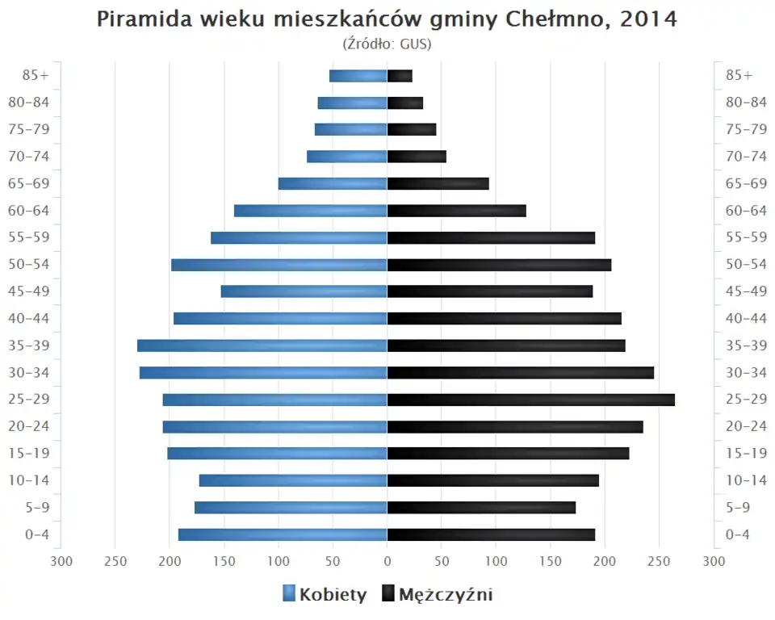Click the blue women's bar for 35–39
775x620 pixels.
pos(262,346)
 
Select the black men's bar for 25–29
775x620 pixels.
pos(530,400)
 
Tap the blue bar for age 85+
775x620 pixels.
pos(358,76)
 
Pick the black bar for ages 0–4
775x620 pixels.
pos(491,534)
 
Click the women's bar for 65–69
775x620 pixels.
pos(333,184)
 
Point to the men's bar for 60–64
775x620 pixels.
pos(456,211)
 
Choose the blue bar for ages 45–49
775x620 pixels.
pos(304,291)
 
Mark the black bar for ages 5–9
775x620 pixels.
pos(481,508)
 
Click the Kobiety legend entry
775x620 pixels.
pos(325,595)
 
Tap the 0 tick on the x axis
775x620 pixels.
pos(387,561)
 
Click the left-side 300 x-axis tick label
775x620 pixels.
pos(61,561)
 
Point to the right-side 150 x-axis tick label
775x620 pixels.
pos(551,561)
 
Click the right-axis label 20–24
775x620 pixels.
pos(746,426)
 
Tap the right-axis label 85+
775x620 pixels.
pos(739,76)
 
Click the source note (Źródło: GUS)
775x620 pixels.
pos(387,44)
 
